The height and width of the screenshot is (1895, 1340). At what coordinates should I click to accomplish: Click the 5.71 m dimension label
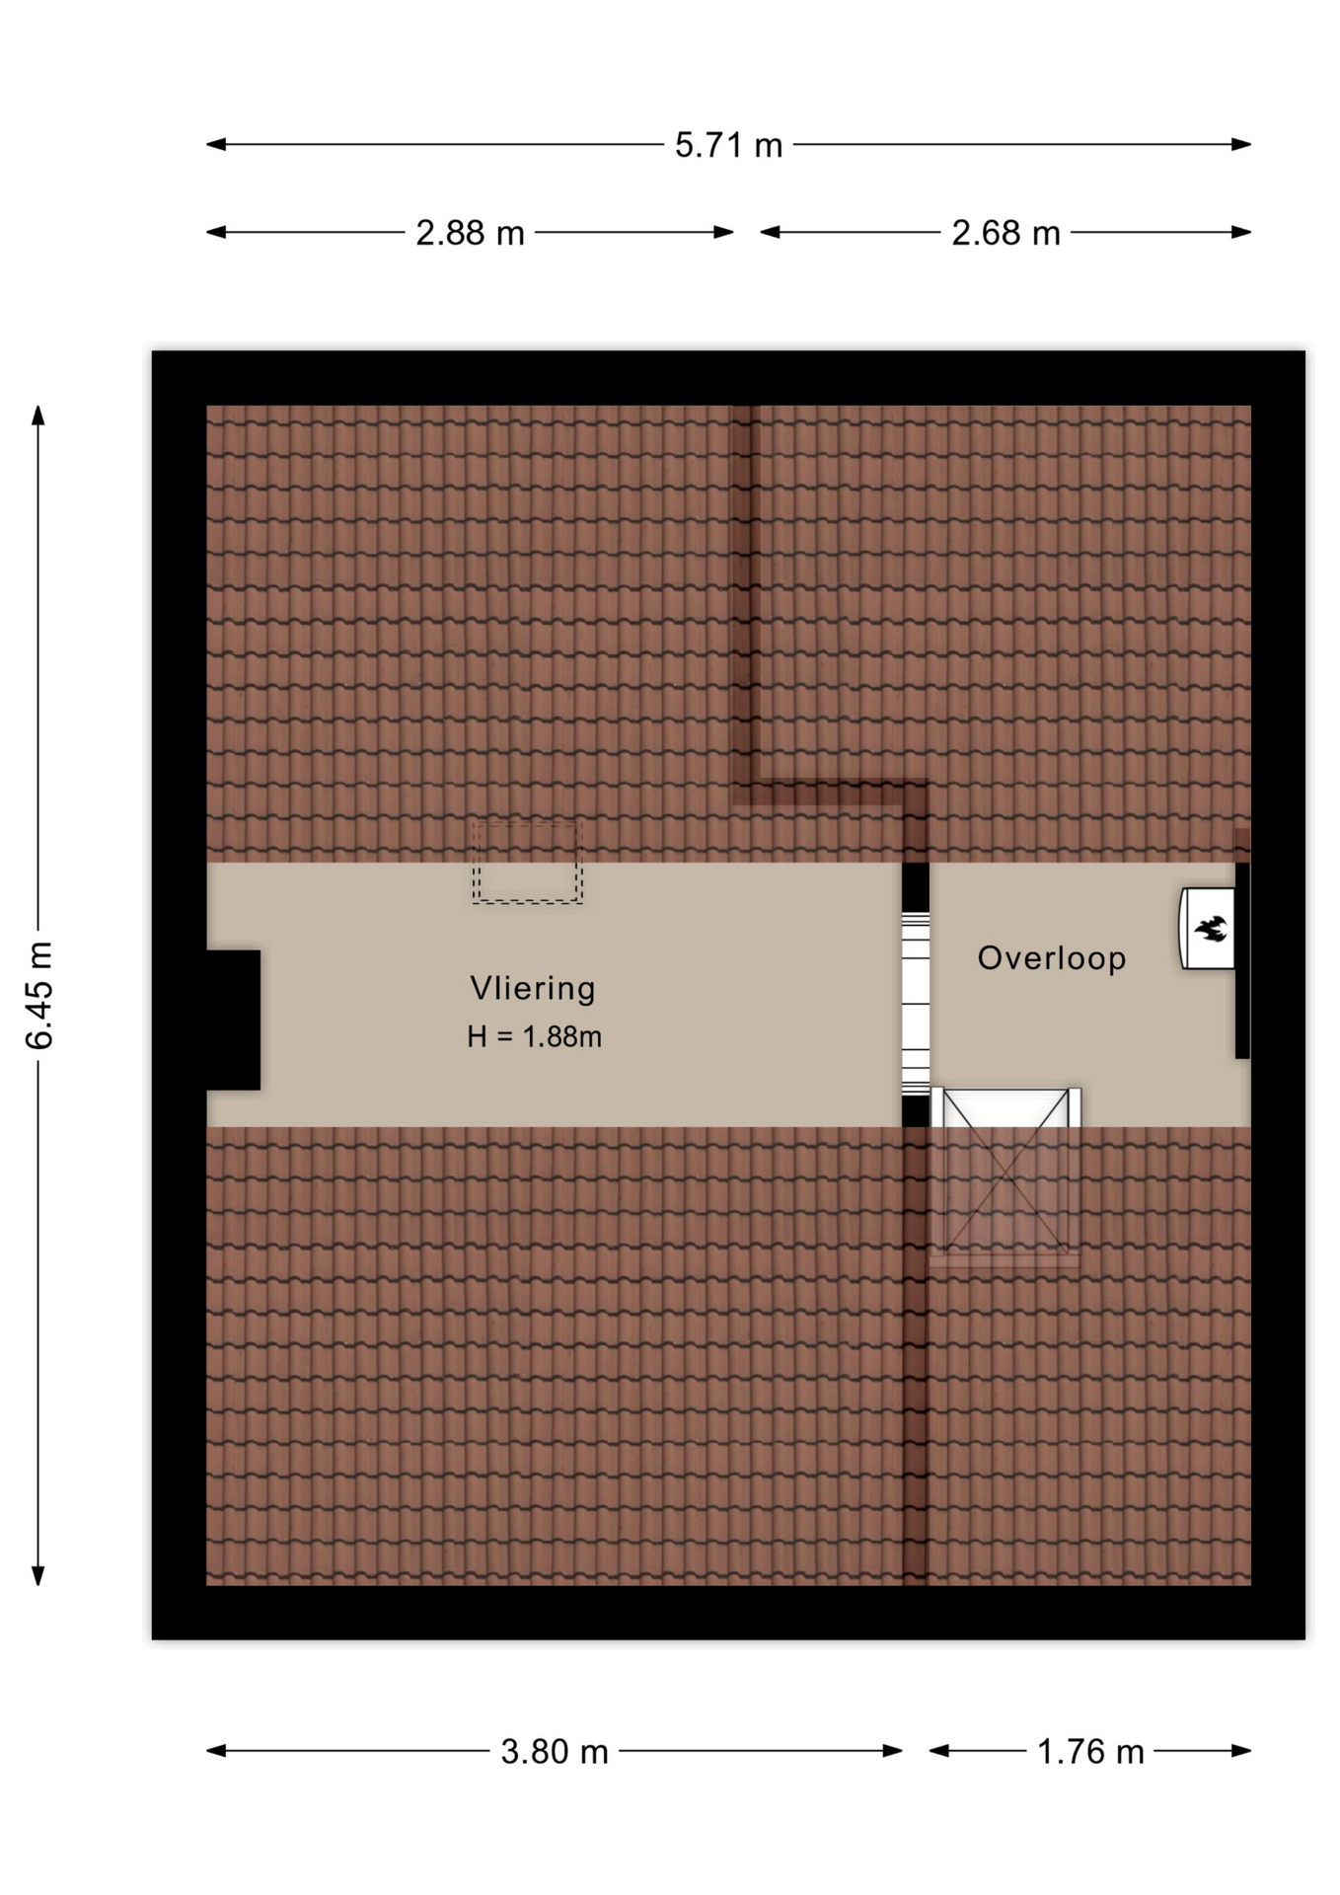click(x=728, y=145)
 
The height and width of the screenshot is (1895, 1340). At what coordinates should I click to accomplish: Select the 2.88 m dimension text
click(x=470, y=233)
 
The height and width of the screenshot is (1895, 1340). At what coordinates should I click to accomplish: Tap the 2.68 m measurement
click(x=1005, y=233)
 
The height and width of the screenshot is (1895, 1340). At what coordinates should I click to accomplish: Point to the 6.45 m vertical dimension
click(x=39, y=995)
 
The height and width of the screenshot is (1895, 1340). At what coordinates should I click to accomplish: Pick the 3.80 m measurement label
click(x=555, y=1752)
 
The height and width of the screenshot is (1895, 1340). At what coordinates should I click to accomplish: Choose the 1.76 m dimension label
click(x=1090, y=1752)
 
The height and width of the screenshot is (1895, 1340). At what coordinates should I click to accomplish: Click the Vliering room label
click(x=533, y=988)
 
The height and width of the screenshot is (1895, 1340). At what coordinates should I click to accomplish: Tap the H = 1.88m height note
click(x=534, y=1036)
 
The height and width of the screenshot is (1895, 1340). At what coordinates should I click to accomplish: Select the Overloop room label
click(x=1052, y=958)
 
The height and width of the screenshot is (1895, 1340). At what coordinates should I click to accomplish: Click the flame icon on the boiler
click(x=1211, y=929)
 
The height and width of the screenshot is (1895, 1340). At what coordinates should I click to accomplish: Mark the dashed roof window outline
click(x=527, y=862)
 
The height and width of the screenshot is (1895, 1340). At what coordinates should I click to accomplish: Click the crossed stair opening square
click(x=1005, y=1175)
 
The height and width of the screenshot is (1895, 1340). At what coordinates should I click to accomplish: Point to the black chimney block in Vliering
click(x=234, y=1021)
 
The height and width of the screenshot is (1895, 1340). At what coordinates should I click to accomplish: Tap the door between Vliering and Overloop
click(x=916, y=1003)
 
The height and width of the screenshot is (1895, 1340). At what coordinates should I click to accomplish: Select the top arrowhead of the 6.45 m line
click(x=38, y=415)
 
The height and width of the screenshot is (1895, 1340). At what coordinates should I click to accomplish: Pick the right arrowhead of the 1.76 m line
click(x=1241, y=1751)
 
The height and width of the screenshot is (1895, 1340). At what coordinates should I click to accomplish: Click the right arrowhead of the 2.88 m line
click(x=723, y=232)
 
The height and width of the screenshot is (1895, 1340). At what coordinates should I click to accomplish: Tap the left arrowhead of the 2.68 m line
click(x=770, y=232)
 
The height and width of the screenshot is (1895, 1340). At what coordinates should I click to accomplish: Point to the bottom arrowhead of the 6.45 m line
click(x=38, y=1575)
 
